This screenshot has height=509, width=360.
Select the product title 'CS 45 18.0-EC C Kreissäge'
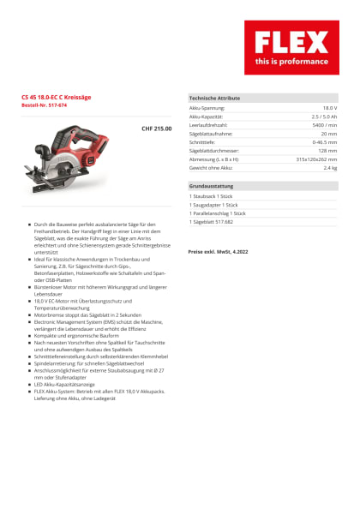pos(58,99)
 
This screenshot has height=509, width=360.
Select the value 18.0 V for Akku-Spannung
pos(328,109)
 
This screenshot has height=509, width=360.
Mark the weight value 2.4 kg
pos(329,167)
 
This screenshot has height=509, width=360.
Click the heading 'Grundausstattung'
pos(211,186)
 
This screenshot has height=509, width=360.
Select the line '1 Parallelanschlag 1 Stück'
pos(219,213)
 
